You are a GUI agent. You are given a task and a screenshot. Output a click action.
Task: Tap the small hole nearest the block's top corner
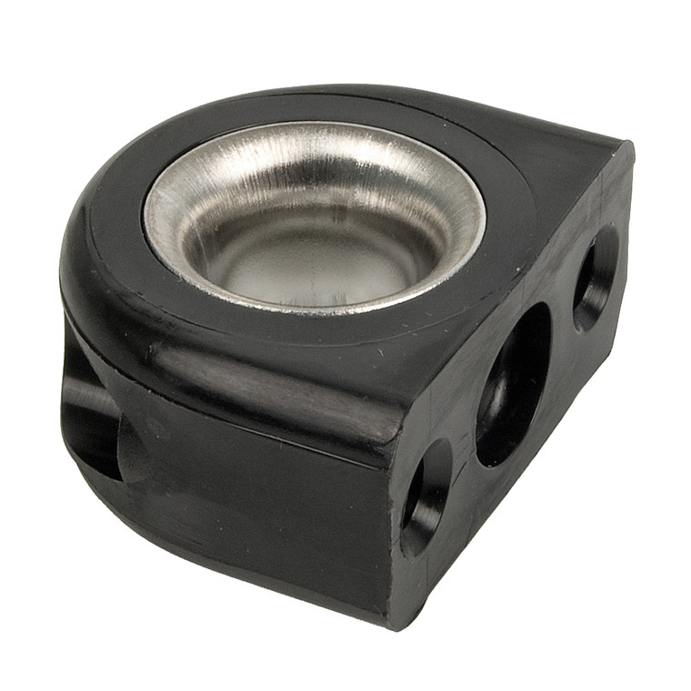click(596, 278)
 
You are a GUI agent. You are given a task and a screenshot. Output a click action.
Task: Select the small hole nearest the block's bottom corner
click(426, 496)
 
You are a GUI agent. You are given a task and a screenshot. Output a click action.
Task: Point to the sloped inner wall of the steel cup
click(227, 218)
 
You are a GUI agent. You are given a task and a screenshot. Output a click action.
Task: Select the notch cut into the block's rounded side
click(91, 418)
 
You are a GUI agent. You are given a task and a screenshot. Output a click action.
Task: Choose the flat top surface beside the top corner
click(564, 164)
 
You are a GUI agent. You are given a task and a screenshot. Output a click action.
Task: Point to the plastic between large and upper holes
click(559, 327)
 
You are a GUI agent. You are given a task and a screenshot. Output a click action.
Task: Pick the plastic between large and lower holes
click(464, 446)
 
